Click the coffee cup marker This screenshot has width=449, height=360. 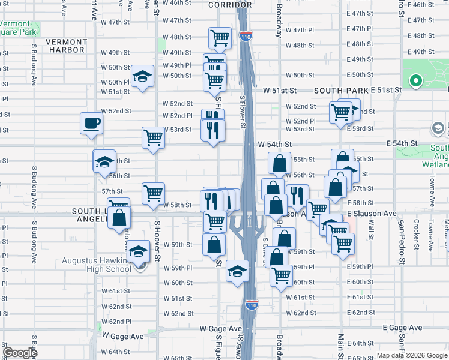pos(92,124)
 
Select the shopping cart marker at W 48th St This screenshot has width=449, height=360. pos(220,38)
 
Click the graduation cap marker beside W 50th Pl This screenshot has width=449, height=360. pos(142,76)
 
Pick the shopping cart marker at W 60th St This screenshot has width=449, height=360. pos(281,275)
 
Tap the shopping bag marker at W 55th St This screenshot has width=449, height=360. pos(280,163)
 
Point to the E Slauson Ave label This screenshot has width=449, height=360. pos(372,214)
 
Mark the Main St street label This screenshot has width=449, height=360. pos(340,344)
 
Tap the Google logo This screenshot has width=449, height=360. pos(20,353)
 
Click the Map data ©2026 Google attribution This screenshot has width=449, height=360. pos(411,355)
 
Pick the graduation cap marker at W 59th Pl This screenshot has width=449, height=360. pos(238,271)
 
